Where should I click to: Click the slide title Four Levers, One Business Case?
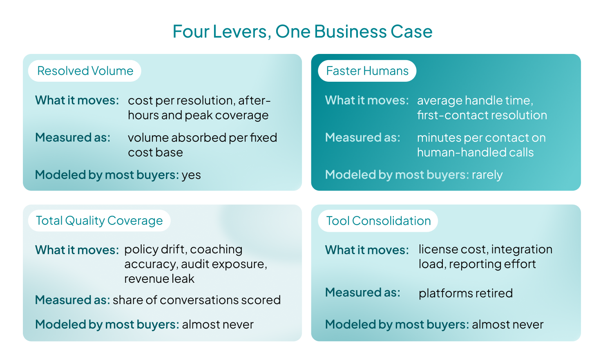coord(302,31)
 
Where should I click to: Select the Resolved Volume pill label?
coord(85,71)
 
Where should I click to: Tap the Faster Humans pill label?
coord(367,71)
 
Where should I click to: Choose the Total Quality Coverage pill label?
coord(99,221)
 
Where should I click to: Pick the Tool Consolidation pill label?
coord(378,221)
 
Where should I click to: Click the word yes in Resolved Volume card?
coord(191,175)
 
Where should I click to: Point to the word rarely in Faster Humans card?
coord(487,175)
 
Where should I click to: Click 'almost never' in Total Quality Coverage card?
coord(218,324)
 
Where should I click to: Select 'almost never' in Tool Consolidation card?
coord(508,324)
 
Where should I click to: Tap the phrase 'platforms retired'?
coord(466,293)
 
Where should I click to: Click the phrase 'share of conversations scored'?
coord(197,300)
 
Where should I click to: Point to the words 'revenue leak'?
coord(159,279)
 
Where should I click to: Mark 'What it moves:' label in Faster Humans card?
coord(367,100)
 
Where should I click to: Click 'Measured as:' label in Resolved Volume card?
coord(73,137)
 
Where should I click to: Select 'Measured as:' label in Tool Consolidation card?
coord(363,293)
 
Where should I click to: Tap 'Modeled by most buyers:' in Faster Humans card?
coord(397,175)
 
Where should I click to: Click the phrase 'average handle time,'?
coord(475,101)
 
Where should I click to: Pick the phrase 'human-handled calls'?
coord(476,152)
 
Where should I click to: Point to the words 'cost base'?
coord(155,153)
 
